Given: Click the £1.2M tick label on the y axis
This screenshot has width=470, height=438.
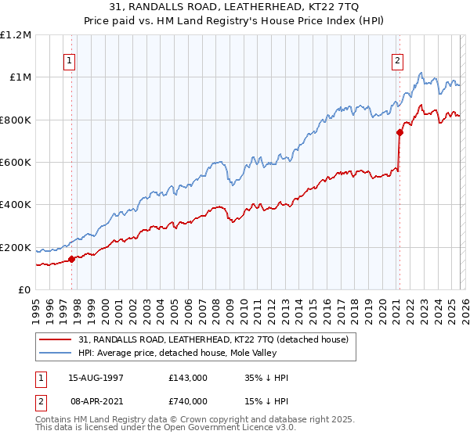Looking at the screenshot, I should (x=16, y=34).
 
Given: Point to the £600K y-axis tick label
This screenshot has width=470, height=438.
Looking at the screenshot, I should (x=16, y=163).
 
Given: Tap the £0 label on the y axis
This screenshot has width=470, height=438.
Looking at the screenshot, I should (x=25, y=290).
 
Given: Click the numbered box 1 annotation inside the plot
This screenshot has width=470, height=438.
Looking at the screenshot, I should (x=70, y=61).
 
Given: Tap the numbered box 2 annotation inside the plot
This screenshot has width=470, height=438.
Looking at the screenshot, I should (x=398, y=61).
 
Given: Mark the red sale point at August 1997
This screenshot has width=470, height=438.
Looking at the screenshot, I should (x=71, y=259).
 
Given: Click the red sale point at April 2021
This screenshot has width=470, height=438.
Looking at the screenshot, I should (x=399, y=132).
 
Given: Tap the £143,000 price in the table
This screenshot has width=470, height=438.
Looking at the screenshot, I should (x=188, y=377).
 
